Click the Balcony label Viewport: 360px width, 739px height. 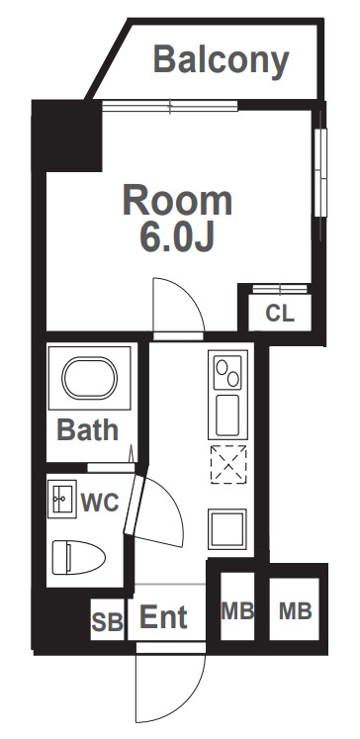click(221, 61)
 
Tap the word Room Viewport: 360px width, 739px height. click(177, 201)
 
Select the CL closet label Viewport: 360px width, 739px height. click(280, 313)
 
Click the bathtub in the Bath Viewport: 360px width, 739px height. click(90, 379)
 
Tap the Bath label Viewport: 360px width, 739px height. click(88, 429)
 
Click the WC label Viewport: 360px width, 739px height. click(100, 503)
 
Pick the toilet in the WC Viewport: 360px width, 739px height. click(78, 557)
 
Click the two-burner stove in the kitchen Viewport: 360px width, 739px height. click(227, 370)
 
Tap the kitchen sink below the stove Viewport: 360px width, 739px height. click(227, 416)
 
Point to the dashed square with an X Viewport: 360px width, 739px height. click(228, 464)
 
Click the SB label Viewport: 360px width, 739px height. click(108, 621)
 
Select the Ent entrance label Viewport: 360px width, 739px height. click(164, 617)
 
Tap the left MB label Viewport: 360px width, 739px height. click(237, 611)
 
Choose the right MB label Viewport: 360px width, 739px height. click(296, 611)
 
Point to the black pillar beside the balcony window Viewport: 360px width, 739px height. click(67, 136)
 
